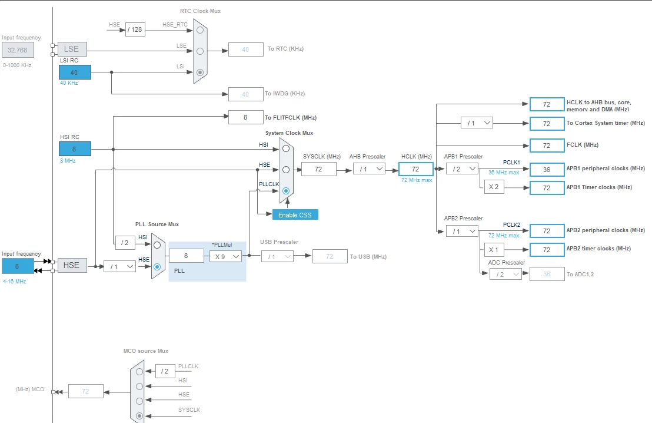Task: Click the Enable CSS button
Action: pos(295,215)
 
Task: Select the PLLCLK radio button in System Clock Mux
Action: pos(285,191)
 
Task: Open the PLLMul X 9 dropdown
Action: pos(225,256)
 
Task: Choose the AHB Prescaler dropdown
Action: pos(369,169)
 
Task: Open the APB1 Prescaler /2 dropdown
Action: pos(462,168)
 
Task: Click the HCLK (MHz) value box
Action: pos(416,169)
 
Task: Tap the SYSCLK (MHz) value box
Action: pos(318,169)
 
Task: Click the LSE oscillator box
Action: pos(72,49)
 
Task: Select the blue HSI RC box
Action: pos(75,148)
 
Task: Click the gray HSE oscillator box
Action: pos(72,265)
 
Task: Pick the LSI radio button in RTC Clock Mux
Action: pos(200,72)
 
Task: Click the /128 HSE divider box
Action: pos(135,29)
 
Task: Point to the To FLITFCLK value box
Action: pos(246,117)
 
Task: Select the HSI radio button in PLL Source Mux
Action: pos(157,245)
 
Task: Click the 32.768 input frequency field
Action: pos(18,50)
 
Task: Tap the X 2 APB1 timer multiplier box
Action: pos(494,187)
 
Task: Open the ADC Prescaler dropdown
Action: pos(505,274)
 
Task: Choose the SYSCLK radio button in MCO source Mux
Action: pos(139,415)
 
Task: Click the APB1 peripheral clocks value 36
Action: pos(547,170)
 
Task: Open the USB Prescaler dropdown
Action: pos(277,256)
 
